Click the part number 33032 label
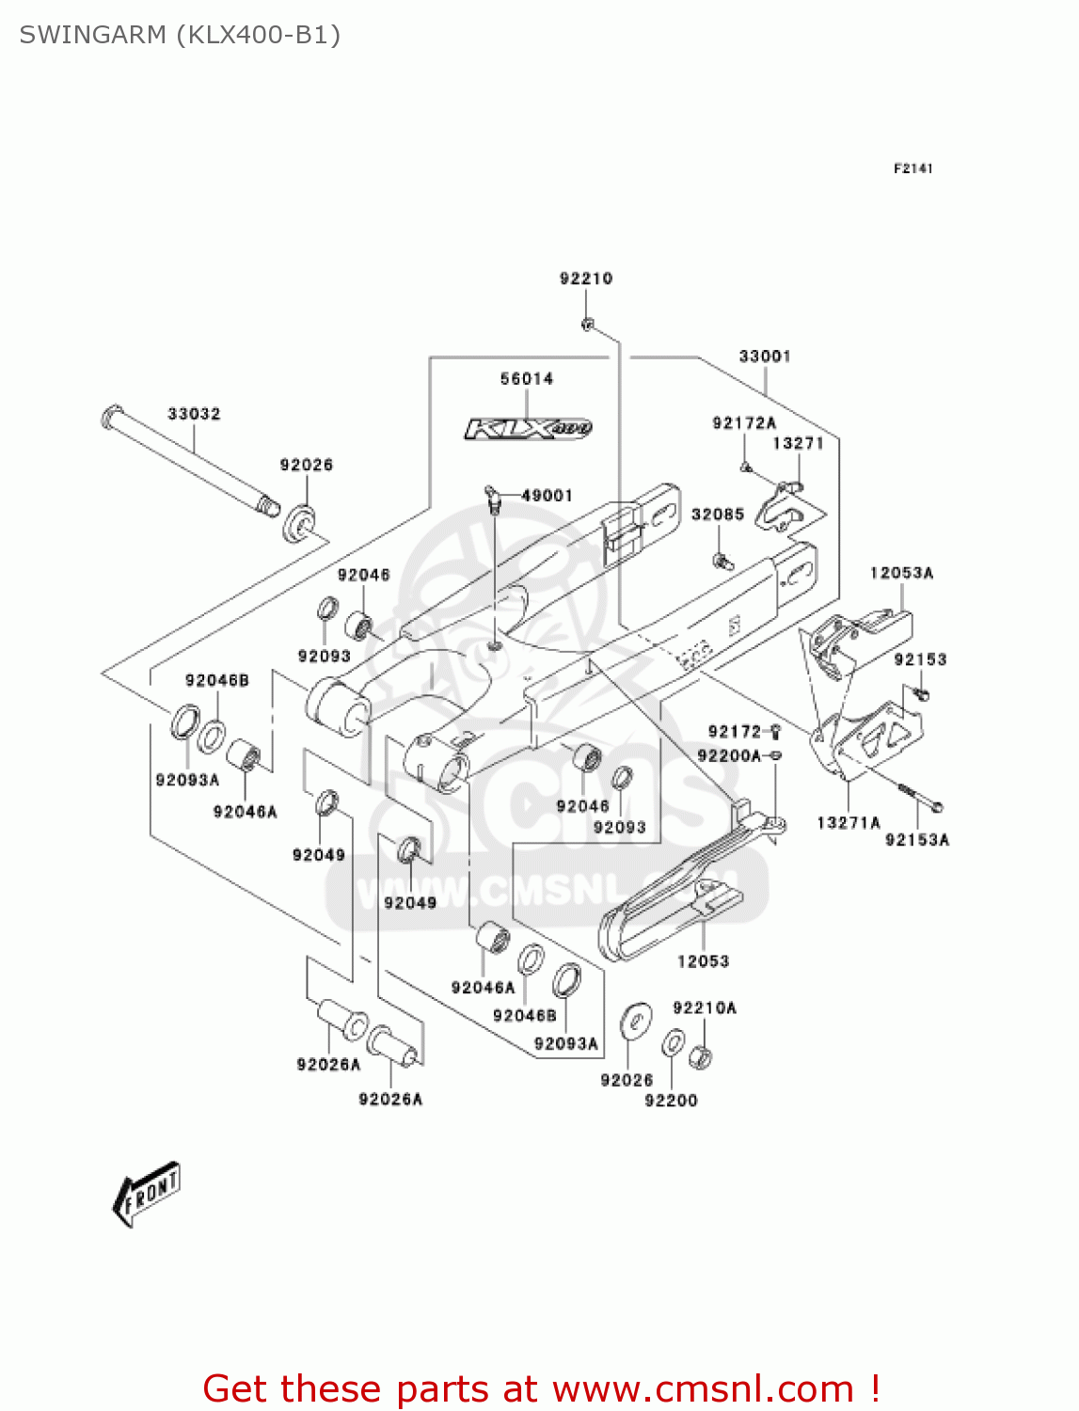pyautogui.click(x=194, y=414)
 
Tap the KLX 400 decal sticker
pyautogui.click(x=528, y=429)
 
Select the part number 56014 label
pyautogui.click(x=527, y=379)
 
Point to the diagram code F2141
pyautogui.click(x=912, y=168)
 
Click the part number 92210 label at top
pyautogui.click(x=585, y=278)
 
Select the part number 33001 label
pyautogui.click(x=765, y=357)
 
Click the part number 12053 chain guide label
pyautogui.click(x=703, y=961)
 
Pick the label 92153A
pyautogui.click(x=917, y=840)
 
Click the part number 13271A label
pyautogui.click(x=848, y=823)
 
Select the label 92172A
pyautogui.click(x=744, y=423)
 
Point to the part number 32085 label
pyautogui.click(x=718, y=515)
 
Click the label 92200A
pyautogui.click(x=729, y=755)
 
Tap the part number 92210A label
pyautogui.click(x=705, y=1008)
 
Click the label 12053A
pyautogui.click(x=901, y=573)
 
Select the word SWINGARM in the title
pyautogui.click(x=93, y=35)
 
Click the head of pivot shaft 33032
pyautogui.click(x=111, y=415)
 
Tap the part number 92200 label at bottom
pyautogui.click(x=671, y=1101)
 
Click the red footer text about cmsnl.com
pyautogui.click(x=541, y=1388)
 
